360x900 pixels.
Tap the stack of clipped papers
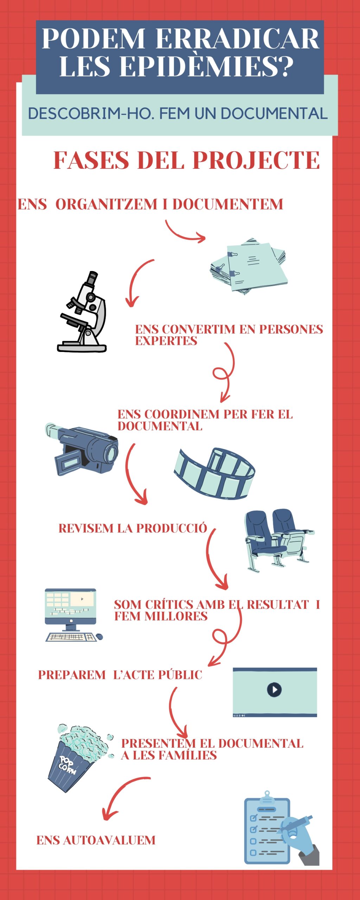pyautogui.click(x=249, y=266)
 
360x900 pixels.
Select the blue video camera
pyautogui.click(x=82, y=449)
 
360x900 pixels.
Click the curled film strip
pyautogui.click(x=214, y=473)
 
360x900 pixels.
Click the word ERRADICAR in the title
pyautogui.click(x=237, y=38)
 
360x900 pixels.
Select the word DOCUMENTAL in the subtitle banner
pyautogui.click(x=274, y=114)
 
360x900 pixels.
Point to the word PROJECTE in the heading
pyautogui.click(x=256, y=160)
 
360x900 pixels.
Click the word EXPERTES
pyautogui.click(x=166, y=341)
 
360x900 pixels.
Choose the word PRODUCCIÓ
pyautogui.click(x=172, y=528)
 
